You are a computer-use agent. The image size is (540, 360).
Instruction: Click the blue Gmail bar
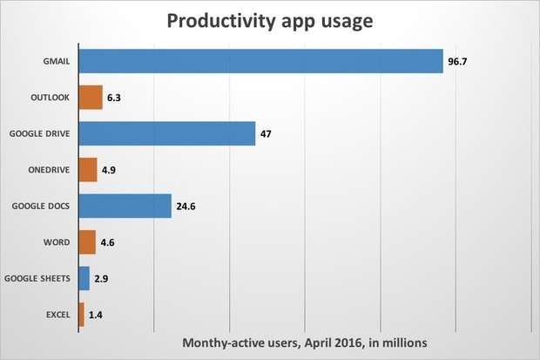(260, 61)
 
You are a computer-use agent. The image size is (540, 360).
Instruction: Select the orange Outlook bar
(91, 97)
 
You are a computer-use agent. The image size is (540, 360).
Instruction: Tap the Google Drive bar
(166, 133)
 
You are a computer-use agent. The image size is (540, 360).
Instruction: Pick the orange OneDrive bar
(88, 169)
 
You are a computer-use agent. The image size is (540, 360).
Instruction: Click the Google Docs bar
(125, 206)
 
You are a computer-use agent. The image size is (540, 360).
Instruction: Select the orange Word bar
(87, 241)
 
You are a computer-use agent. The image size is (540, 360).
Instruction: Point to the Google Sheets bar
(84, 278)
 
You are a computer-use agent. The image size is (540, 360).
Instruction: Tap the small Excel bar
(81, 314)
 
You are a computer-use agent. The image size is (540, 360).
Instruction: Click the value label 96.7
(458, 62)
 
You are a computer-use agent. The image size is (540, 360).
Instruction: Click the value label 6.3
(114, 98)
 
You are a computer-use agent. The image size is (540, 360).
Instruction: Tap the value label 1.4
(96, 315)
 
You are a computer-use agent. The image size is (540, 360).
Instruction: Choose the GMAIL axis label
(57, 62)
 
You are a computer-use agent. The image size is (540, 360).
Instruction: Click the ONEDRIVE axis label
(50, 170)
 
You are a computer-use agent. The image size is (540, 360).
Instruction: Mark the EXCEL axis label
(57, 315)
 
